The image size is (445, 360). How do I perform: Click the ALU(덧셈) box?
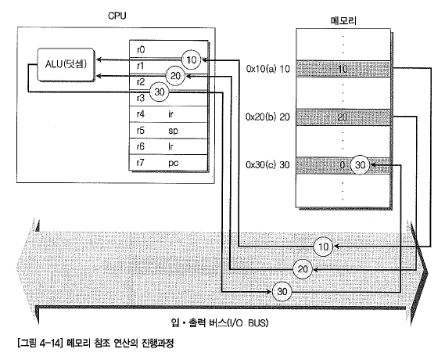[x=66, y=64]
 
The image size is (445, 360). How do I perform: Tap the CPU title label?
[x=117, y=16]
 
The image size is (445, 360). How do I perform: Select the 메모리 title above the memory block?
[x=343, y=20]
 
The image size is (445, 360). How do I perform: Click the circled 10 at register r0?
[x=192, y=60]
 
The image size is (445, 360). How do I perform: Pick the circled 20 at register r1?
[x=175, y=76]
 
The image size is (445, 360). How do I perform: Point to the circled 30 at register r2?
[x=160, y=92]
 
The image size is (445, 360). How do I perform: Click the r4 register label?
[x=141, y=114]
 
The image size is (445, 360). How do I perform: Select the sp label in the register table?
[x=173, y=131]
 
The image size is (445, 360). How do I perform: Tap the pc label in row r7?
[x=173, y=163]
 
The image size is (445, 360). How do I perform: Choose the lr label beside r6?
[x=170, y=146]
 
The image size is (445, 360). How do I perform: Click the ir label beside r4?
[x=170, y=114]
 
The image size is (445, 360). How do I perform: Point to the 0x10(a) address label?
[x=261, y=69]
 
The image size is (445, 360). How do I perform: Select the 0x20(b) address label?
[x=260, y=117]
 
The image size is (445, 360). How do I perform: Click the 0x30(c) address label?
[x=260, y=164]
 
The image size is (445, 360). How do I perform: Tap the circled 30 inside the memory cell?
[x=360, y=165]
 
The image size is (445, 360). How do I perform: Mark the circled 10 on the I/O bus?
[x=324, y=247]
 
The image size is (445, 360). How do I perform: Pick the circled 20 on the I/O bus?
[x=303, y=269]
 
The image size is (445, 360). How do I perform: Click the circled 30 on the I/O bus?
[x=282, y=292]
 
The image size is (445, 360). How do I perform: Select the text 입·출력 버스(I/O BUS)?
[x=220, y=322]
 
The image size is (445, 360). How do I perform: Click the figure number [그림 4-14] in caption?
[x=40, y=344]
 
